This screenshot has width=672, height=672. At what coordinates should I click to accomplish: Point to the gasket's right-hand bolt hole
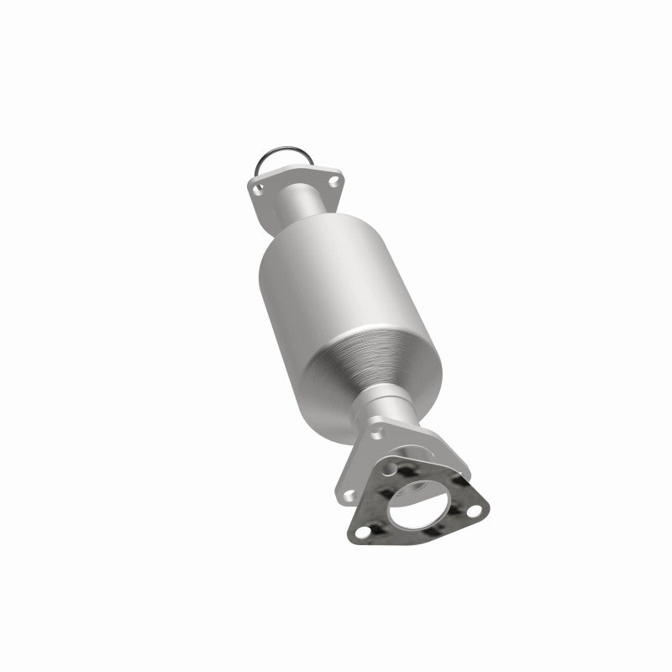(x=476, y=510)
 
